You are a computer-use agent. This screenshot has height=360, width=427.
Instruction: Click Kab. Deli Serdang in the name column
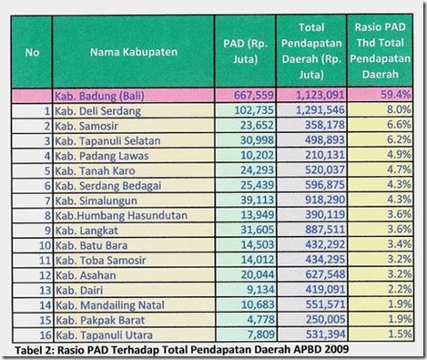(x=99, y=109)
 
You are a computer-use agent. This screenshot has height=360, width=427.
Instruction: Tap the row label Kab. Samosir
(x=91, y=125)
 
